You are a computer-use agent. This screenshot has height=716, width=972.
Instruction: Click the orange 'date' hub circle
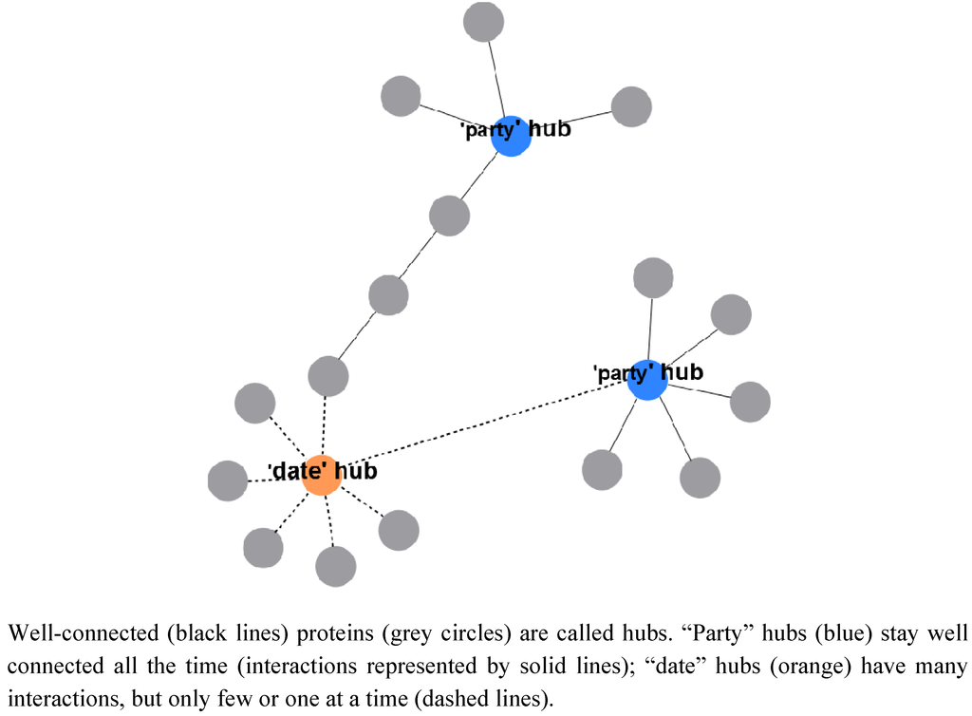pos(322,476)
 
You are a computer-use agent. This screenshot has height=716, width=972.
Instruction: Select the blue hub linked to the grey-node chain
pos(511,136)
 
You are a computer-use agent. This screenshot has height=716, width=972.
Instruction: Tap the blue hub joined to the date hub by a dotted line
pos(646,380)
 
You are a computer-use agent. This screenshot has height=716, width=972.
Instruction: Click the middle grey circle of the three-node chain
pos(387,295)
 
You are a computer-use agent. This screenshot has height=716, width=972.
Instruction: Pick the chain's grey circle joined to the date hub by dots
pos(327,375)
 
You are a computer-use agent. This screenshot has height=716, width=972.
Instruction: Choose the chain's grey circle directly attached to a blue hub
pos(449,216)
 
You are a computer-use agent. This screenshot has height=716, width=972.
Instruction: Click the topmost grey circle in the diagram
pos(484,22)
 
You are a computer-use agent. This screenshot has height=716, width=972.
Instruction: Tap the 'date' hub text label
pos(323,470)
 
